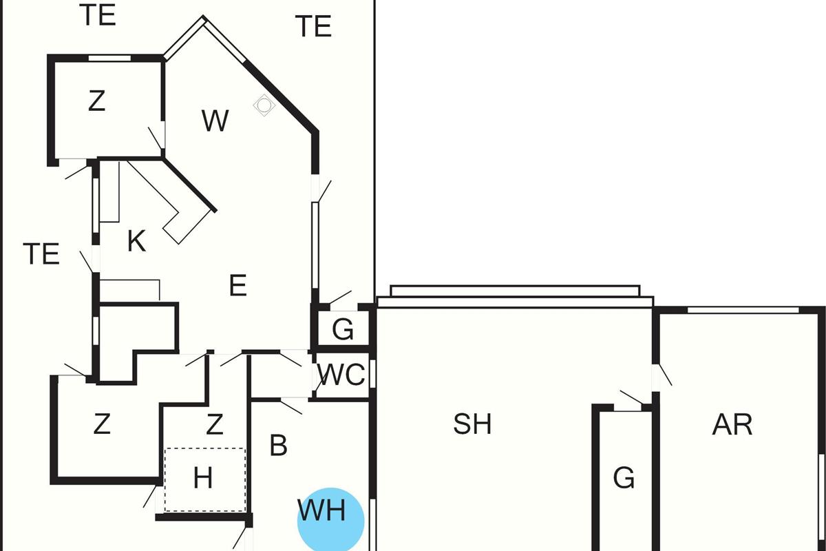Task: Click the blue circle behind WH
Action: point(331,519)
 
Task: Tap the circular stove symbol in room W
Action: point(264,105)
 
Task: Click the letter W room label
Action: point(215,121)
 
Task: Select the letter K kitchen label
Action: point(136,241)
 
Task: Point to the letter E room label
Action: point(238,285)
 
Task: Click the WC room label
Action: point(341,375)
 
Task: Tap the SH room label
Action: point(472,424)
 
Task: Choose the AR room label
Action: point(732,425)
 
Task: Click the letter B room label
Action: point(278,446)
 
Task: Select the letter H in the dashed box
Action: point(203,478)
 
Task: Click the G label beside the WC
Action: point(343,329)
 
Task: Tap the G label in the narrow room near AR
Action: point(624,477)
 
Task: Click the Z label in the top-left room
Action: point(97,101)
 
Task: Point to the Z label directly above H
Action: point(215,424)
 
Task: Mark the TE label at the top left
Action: point(98,15)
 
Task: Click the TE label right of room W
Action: point(313,26)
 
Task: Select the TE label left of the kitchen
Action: point(41,254)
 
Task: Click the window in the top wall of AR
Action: point(743,310)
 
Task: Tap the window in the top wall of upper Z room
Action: point(109,58)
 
